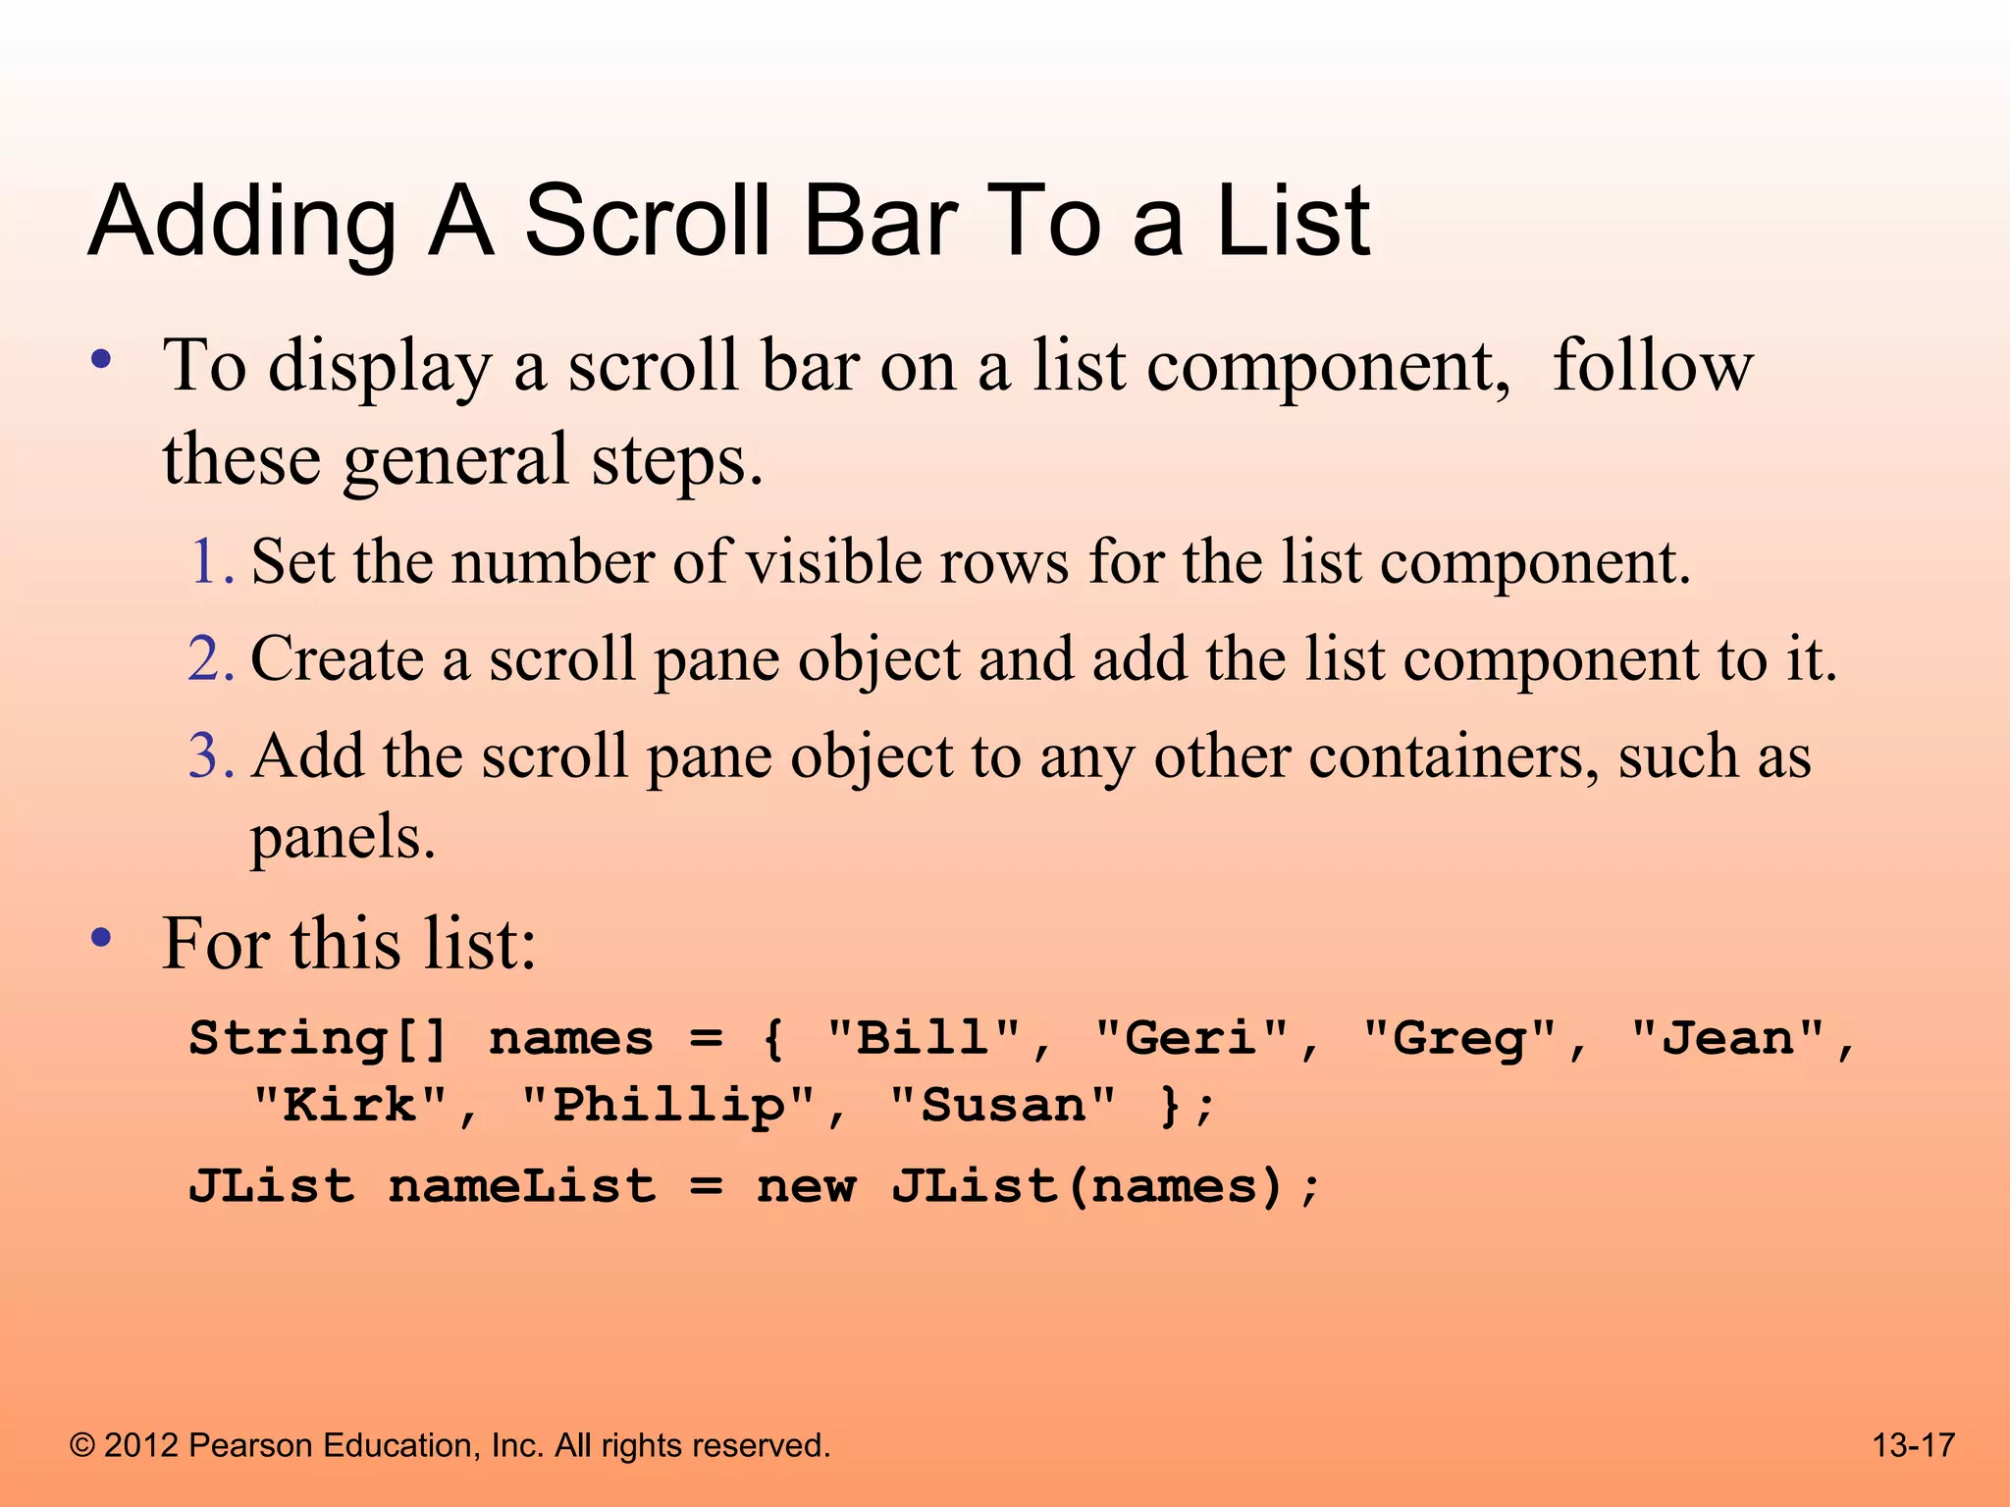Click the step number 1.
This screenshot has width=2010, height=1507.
pyautogui.click(x=209, y=562)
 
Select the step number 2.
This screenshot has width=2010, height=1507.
pyautogui.click(x=209, y=658)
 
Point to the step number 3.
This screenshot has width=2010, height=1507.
pyautogui.click(x=209, y=755)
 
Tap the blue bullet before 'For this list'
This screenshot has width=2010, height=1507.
pyautogui.click(x=100, y=939)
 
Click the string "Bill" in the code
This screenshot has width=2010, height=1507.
pyautogui.click(x=923, y=1038)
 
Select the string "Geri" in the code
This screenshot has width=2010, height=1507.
pyautogui.click(x=1190, y=1038)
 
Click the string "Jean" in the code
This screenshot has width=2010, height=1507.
pyautogui.click(x=1726, y=1038)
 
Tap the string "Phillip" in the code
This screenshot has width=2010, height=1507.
pyautogui.click(x=669, y=1107)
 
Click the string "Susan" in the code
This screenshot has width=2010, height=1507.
pyautogui.click(x=1003, y=1106)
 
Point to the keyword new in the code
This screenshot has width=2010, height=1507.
pyautogui.click(x=806, y=1186)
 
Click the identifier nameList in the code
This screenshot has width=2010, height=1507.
pyautogui.click(x=521, y=1186)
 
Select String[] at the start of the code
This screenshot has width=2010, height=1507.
pyautogui.click(x=319, y=1038)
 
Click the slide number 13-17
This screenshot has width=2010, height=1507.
pyautogui.click(x=1913, y=1445)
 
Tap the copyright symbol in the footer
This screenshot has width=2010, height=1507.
pyautogui.click(x=82, y=1445)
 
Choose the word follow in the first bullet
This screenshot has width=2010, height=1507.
pyautogui.click(x=1653, y=365)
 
